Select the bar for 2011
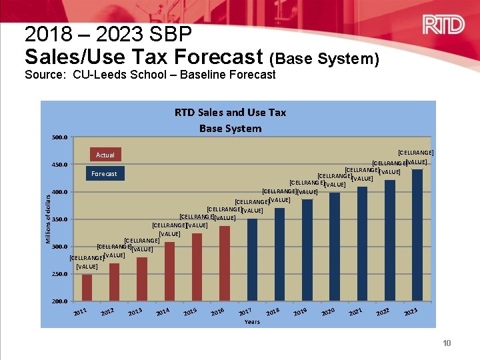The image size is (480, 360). pyautogui.click(x=87, y=287)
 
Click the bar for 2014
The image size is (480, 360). pyautogui.click(x=169, y=271)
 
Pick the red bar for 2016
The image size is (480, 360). pyautogui.click(x=224, y=263)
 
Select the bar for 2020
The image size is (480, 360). pyautogui.click(x=334, y=247)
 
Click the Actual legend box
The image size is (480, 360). pyautogui.click(x=105, y=155)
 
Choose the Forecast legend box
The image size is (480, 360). pyautogui.click(x=104, y=174)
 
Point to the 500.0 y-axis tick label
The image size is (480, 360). pyautogui.click(x=59, y=138)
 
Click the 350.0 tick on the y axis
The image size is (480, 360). pyautogui.click(x=59, y=219)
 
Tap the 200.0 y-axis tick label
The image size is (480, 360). pyautogui.click(x=59, y=301)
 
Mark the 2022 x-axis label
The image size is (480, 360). pyautogui.click(x=382, y=312)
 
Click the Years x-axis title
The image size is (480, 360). pyautogui.click(x=252, y=322)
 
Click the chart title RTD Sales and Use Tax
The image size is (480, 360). pyautogui.click(x=230, y=113)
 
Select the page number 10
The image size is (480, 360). pyautogui.click(x=446, y=343)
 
